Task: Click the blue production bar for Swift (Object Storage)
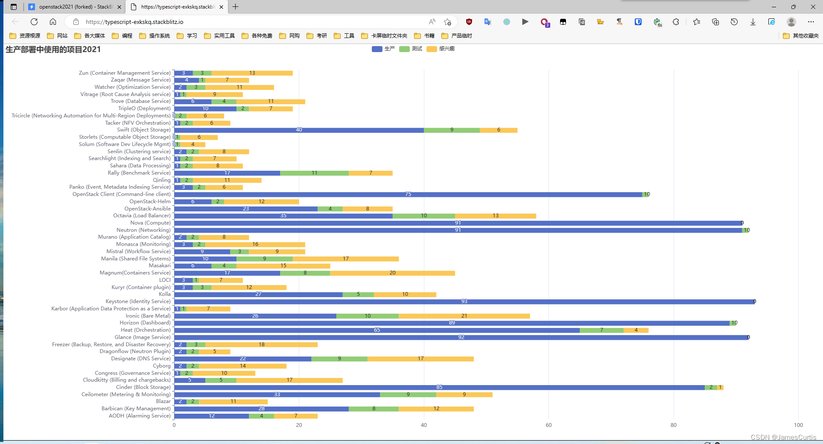tap(299, 130)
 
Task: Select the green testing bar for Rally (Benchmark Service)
tap(314, 173)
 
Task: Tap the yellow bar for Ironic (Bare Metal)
tap(464, 316)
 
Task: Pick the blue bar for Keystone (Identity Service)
tap(464, 302)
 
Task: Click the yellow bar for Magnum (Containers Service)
tap(392, 273)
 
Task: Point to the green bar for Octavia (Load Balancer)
tap(423, 216)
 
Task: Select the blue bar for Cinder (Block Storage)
tap(439, 388)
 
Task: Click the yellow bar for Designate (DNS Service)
tap(420, 359)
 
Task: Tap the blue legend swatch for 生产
tap(377, 49)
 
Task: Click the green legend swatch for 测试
tap(404, 49)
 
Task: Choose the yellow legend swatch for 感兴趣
tap(432, 49)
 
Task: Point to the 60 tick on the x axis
tap(549, 425)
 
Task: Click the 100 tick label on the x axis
tap(798, 425)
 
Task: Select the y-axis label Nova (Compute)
tap(150, 223)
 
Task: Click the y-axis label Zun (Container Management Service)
tap(125, 73)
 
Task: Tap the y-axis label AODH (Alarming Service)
tap(140, 416)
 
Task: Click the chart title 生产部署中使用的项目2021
tap(53, 50)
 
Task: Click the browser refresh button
tap(34, 22)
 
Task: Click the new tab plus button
tap(235, 7)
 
